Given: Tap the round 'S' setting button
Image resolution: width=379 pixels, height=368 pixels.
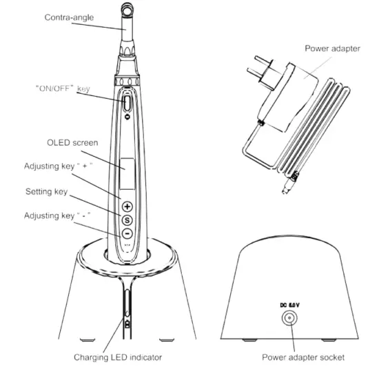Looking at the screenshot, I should tap(127, 220).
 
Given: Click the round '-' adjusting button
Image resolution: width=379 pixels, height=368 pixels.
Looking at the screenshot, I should tap(127, 233).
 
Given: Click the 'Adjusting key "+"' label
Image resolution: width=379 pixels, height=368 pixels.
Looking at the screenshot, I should tap(60, 167).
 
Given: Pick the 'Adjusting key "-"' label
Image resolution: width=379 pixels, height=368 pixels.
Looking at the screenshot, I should tap(59, 215).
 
